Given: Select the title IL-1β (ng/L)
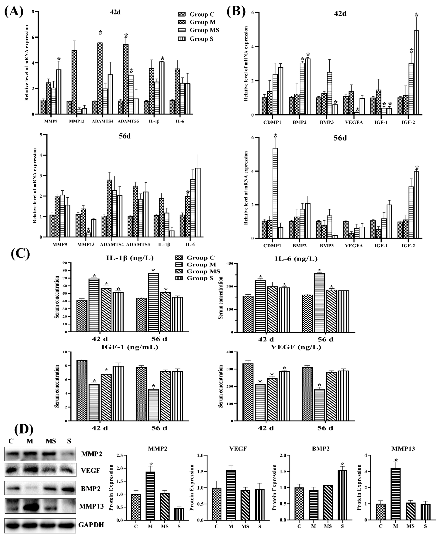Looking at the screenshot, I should (130, 258).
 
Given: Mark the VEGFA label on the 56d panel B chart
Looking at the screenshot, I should (354, 246).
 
